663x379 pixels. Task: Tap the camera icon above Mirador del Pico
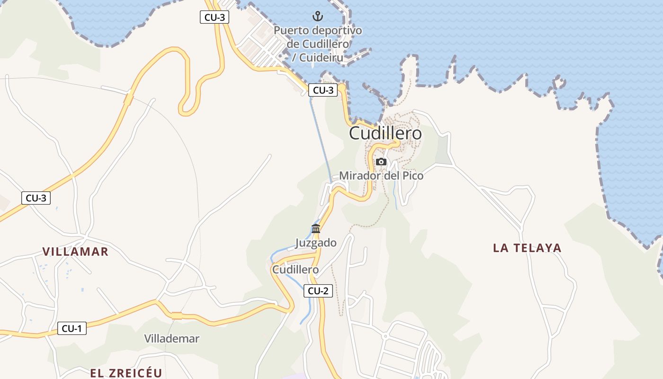381,162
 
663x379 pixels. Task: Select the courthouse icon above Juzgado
316,229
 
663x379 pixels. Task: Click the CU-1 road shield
72,328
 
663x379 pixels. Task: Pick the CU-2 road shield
318,291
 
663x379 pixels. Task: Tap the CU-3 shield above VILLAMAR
36,198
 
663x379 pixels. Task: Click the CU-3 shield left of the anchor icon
215,18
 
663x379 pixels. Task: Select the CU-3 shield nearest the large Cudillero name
323,90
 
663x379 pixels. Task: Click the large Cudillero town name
385,134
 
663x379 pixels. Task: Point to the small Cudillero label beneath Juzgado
295,270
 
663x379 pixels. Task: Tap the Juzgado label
316,243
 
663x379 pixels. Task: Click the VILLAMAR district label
75,252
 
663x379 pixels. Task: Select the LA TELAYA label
527,248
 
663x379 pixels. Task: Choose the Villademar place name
171,339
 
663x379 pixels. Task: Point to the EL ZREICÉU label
126,373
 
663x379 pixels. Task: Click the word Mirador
360,176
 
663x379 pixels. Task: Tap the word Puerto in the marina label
291,31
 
